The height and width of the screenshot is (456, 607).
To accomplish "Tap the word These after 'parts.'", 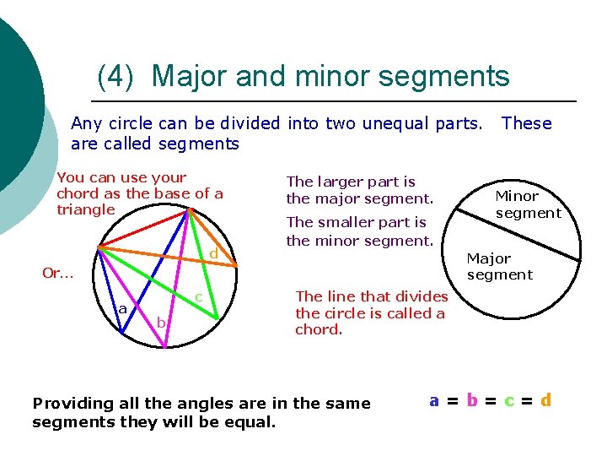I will pos(526,123).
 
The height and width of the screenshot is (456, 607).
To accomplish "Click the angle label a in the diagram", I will pos(123,310).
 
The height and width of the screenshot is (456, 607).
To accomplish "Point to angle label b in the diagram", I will pos(161,323).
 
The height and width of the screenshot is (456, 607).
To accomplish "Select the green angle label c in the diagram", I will pos(198,297).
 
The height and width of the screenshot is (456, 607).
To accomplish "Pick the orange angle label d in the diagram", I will pos(214,254).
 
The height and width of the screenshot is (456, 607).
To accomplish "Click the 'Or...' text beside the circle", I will pos(58,273).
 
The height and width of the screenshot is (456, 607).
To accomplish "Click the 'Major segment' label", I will pos(499,266).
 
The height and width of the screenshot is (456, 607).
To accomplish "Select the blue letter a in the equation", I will pos(433,400).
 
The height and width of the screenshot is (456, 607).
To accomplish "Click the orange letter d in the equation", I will pos(546,400).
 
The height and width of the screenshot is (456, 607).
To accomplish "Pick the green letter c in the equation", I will pos(508,400).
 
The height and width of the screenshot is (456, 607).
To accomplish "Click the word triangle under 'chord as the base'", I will pos(86,209).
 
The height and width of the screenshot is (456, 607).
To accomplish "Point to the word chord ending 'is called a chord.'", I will pos(319,329).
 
